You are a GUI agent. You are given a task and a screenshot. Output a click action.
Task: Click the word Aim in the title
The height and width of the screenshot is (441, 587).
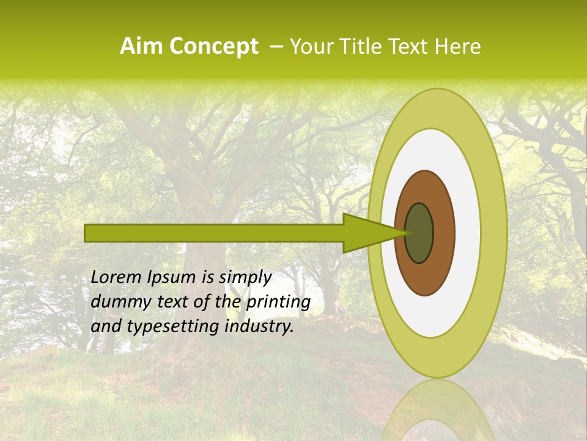(142, 47)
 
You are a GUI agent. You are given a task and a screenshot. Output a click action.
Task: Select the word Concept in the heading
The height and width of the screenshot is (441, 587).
(213, 47)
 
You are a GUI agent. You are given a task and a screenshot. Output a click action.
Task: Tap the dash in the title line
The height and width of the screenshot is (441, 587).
(276, 47)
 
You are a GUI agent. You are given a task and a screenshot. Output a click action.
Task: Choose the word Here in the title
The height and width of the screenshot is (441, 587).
(459, 47)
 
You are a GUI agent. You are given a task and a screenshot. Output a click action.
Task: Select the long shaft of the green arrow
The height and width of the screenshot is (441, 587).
(214, 233)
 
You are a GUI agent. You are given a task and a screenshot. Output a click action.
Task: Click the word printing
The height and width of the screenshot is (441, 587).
(278, 302)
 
